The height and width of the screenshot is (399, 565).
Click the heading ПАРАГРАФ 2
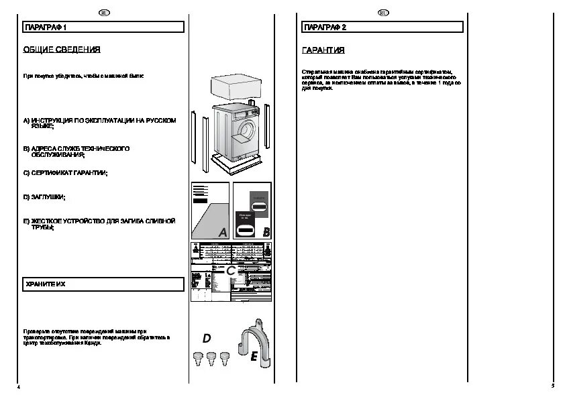point(325,27)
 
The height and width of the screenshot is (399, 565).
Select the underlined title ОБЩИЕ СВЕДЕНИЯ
point(62,50)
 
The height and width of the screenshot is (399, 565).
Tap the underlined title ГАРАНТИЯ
point(323,50)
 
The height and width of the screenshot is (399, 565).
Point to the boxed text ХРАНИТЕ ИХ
point(45,284)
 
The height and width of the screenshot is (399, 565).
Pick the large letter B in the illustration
point(266,232)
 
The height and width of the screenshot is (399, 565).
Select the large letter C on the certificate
point(230,271)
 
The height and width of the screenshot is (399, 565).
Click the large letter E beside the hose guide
point(254,357)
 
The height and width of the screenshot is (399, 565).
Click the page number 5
point(552,386)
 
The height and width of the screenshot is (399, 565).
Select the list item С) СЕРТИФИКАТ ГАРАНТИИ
point(65,172)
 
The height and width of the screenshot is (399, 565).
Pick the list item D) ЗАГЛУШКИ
point(44,197)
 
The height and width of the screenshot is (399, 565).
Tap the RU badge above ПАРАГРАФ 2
point(383,12)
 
